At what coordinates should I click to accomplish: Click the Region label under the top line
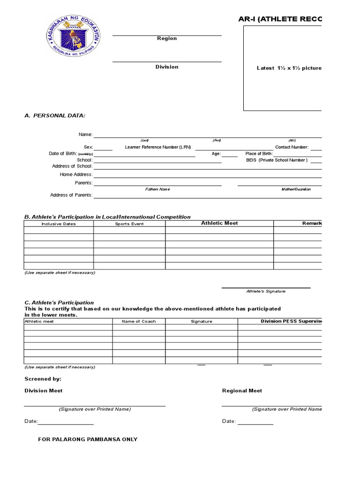[x=167, y=38]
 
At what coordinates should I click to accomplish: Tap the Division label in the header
[x=167, y=67]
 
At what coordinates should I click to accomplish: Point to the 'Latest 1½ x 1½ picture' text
[x=289, y=68]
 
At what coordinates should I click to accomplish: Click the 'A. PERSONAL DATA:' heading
[x=55, y=115]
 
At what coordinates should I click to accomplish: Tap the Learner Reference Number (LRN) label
[x=158, y=147]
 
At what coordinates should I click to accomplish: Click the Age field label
[x=216, y=154]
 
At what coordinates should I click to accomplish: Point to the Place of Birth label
[x=259, y=154]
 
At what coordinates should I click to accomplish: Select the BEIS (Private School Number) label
[x=277, y=160]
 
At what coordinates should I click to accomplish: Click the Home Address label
[x=76, y=174]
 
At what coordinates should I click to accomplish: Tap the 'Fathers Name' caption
[x=157, y=189]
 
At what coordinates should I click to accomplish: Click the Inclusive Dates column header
[x=59, y=224]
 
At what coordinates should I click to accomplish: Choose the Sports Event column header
[x=129, y=224]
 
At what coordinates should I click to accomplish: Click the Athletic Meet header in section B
[x=219, y=223]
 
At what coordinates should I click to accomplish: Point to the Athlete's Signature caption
[x=266, y=292]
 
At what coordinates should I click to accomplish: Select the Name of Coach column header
[x=139, y=322]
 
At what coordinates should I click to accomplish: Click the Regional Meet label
[x=242, y=390]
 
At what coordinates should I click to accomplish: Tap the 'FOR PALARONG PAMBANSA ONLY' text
[x=88, y=440]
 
